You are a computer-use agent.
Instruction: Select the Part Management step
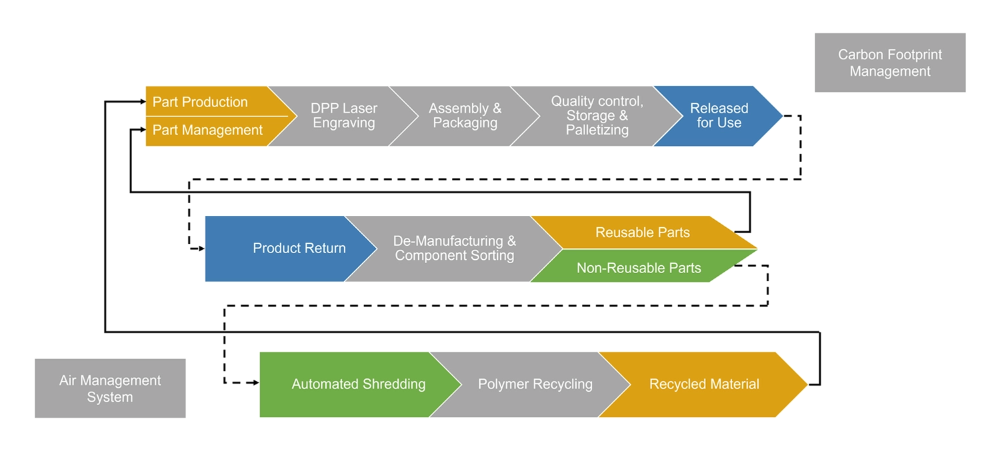pos(207,131)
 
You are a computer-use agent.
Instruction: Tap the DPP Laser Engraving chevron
pos(344,116)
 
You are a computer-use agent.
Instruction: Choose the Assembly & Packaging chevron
pos(465,116)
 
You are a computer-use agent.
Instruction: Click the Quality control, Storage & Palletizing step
pos(597,116)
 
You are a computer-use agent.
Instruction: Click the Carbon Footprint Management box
pos(889,63)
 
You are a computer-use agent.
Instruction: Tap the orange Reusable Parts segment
pos(642,232)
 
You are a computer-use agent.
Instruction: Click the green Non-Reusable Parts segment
pos(639,268)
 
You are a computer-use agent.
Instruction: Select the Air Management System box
pos(110,389)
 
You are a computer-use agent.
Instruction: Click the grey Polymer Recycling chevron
pos(535,384)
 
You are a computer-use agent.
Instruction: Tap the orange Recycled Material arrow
pos(704,384)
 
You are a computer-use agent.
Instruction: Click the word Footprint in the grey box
pos(911,55)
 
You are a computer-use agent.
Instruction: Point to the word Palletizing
pos(597,131)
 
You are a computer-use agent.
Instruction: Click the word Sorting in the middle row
pos(489,256)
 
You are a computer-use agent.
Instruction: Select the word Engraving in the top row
pos(344,123)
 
